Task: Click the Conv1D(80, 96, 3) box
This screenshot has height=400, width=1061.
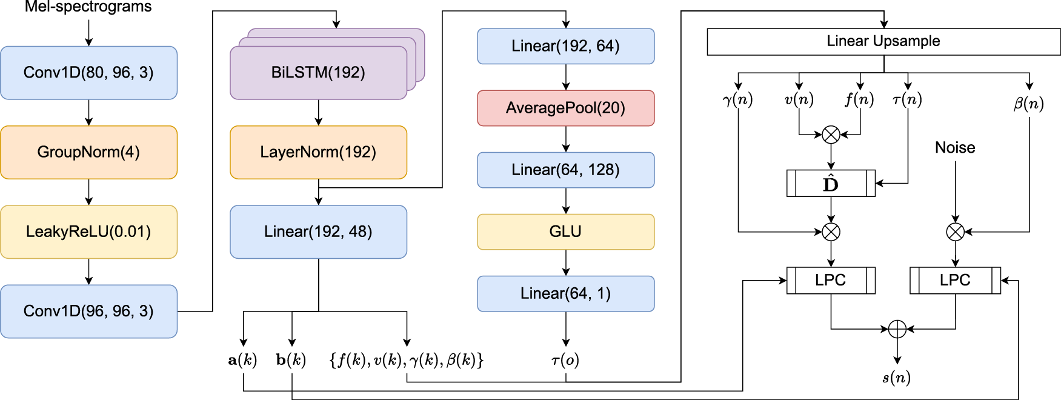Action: (88, 73)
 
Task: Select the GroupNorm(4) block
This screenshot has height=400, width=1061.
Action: (88, 152)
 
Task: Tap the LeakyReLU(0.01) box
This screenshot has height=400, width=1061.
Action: (88, 232)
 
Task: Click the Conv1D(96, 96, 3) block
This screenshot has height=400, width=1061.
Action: (88, 311)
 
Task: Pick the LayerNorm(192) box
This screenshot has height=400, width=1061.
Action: (318, 152)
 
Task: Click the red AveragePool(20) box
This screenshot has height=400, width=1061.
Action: (565, 108)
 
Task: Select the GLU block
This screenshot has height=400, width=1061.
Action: (565, 232)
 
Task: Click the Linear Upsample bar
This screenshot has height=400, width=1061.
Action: (883, 41)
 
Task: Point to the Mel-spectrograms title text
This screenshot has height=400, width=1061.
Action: (88, 7)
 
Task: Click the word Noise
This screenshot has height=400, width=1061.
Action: (955, 148)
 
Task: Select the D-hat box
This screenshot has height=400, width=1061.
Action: (831, 183)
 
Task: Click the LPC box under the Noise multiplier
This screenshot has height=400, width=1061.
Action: (955, 280)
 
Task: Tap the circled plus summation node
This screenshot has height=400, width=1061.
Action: (897, 329)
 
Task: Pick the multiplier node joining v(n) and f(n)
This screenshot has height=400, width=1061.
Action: (831, 135)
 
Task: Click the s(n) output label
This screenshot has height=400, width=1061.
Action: (896, 378)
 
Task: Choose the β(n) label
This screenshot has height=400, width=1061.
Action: (1028, 103)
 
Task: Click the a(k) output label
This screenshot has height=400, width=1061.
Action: (242, 360)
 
